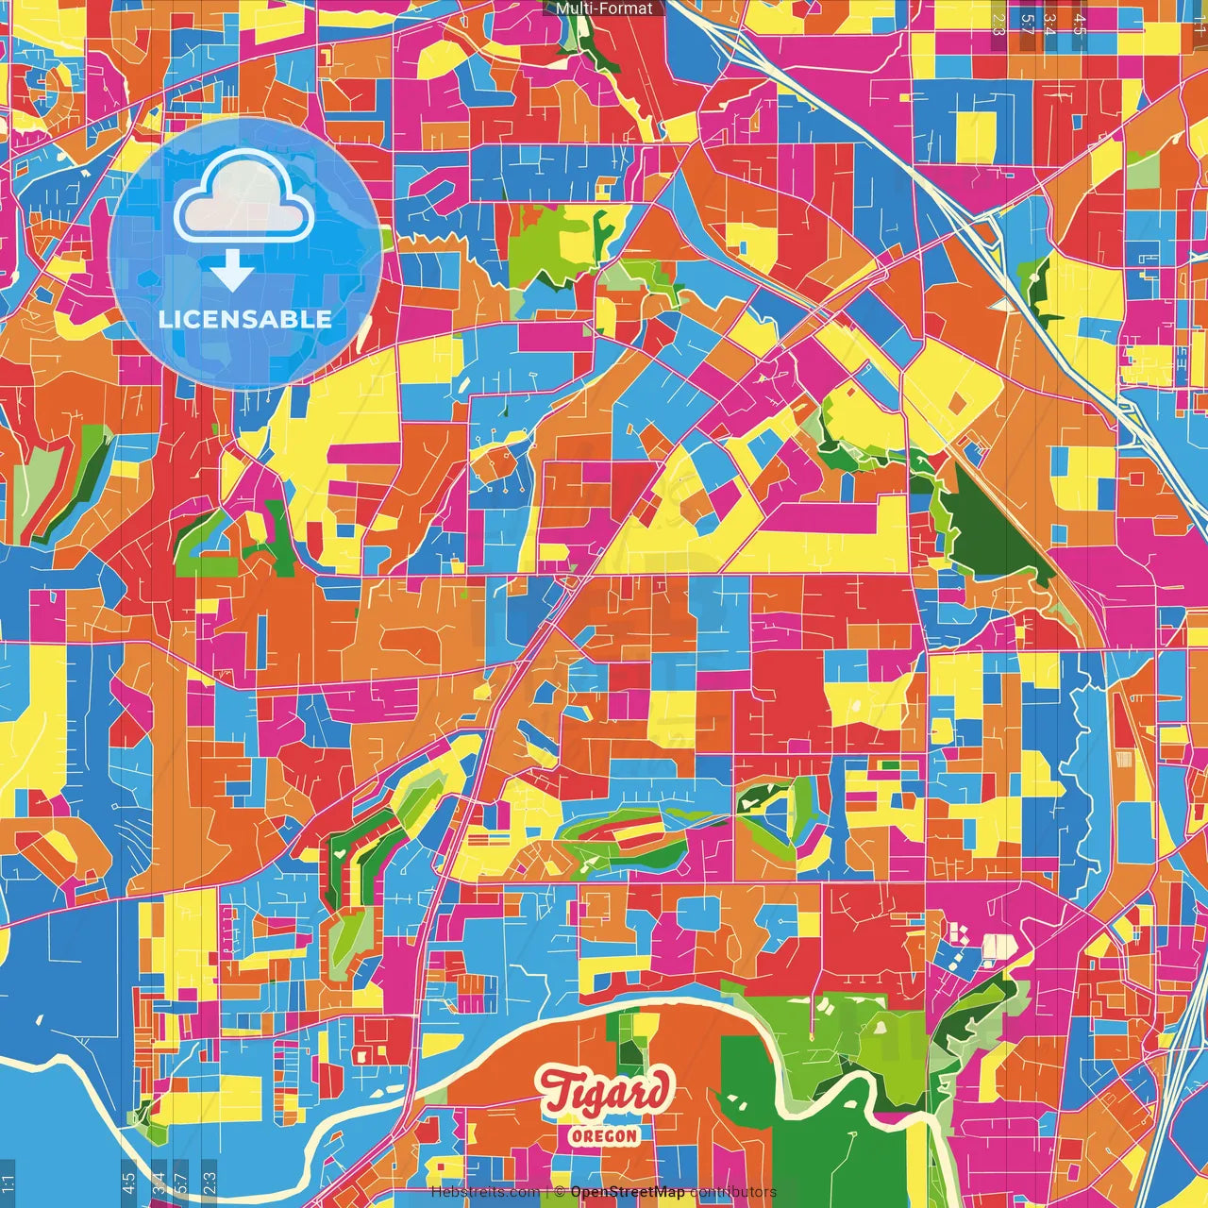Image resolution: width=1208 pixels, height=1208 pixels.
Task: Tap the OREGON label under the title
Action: (x=604, y=1135)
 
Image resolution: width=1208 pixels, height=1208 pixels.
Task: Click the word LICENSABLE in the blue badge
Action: (x=245, y=319)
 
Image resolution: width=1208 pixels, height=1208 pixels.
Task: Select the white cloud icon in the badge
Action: (x=243, y=196)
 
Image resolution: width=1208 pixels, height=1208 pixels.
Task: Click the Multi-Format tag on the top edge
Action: (x=604, y=8)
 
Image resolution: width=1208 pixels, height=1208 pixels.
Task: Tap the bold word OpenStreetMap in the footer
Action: (x=628, y=1192)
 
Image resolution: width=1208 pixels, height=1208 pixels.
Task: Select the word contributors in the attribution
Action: (x=732, y=1192)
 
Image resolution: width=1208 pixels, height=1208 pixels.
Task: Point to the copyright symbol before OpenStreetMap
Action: (x=560, y=1192)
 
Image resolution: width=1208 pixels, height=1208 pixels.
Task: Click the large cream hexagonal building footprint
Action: (x=997, y=945)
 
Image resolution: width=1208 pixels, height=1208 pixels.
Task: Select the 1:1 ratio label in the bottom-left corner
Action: (x=8, y=1182)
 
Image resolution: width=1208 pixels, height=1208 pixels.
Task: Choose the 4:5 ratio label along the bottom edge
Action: (x=128, y=1182)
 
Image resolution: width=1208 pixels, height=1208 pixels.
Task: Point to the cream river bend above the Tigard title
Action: (x=604, y=1008)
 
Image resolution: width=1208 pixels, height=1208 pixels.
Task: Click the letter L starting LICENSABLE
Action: (x=165, y=319)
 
